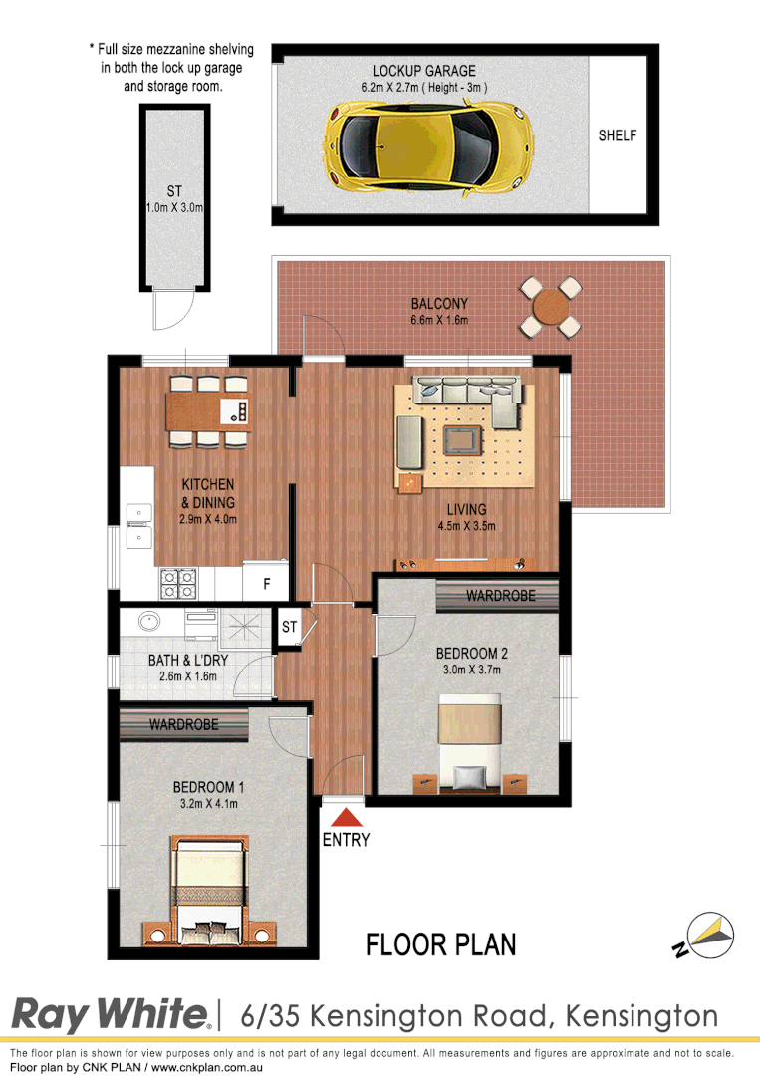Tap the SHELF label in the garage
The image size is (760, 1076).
[617, 135]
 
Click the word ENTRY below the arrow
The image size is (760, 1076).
[346, 840]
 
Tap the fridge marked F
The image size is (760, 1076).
[266, 585]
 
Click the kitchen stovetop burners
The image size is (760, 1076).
[178, 583]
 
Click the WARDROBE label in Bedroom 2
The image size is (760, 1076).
[501, 596]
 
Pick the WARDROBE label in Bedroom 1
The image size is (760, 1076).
[184, 724]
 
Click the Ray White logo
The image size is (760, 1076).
[110, 1015]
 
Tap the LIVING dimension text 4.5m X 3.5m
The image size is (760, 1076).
[467, 527]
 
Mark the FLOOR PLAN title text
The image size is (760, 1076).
[441, 943]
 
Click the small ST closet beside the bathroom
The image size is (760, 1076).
[290, 627]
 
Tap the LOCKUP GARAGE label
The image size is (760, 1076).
[424, 71]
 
